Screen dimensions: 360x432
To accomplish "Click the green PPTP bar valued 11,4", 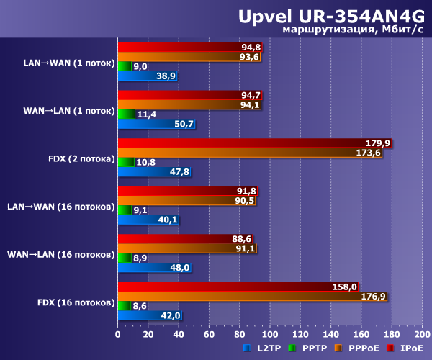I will click(x=126, y=114).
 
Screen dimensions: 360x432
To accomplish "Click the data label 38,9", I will click(x=166, y=76).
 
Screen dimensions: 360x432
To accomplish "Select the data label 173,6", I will click(x=368, y=153).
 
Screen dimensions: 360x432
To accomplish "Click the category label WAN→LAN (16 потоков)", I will click(x=60, y=254).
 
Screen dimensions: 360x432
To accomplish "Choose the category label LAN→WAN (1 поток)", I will click(x=68, y=63).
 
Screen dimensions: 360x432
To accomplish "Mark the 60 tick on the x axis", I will click(x=209, y=334).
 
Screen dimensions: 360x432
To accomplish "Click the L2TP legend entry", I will click(x=265, y=348).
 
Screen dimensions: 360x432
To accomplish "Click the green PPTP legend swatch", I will click(x=292, y=348).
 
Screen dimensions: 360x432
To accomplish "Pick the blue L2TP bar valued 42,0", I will click(x=149, y=315).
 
